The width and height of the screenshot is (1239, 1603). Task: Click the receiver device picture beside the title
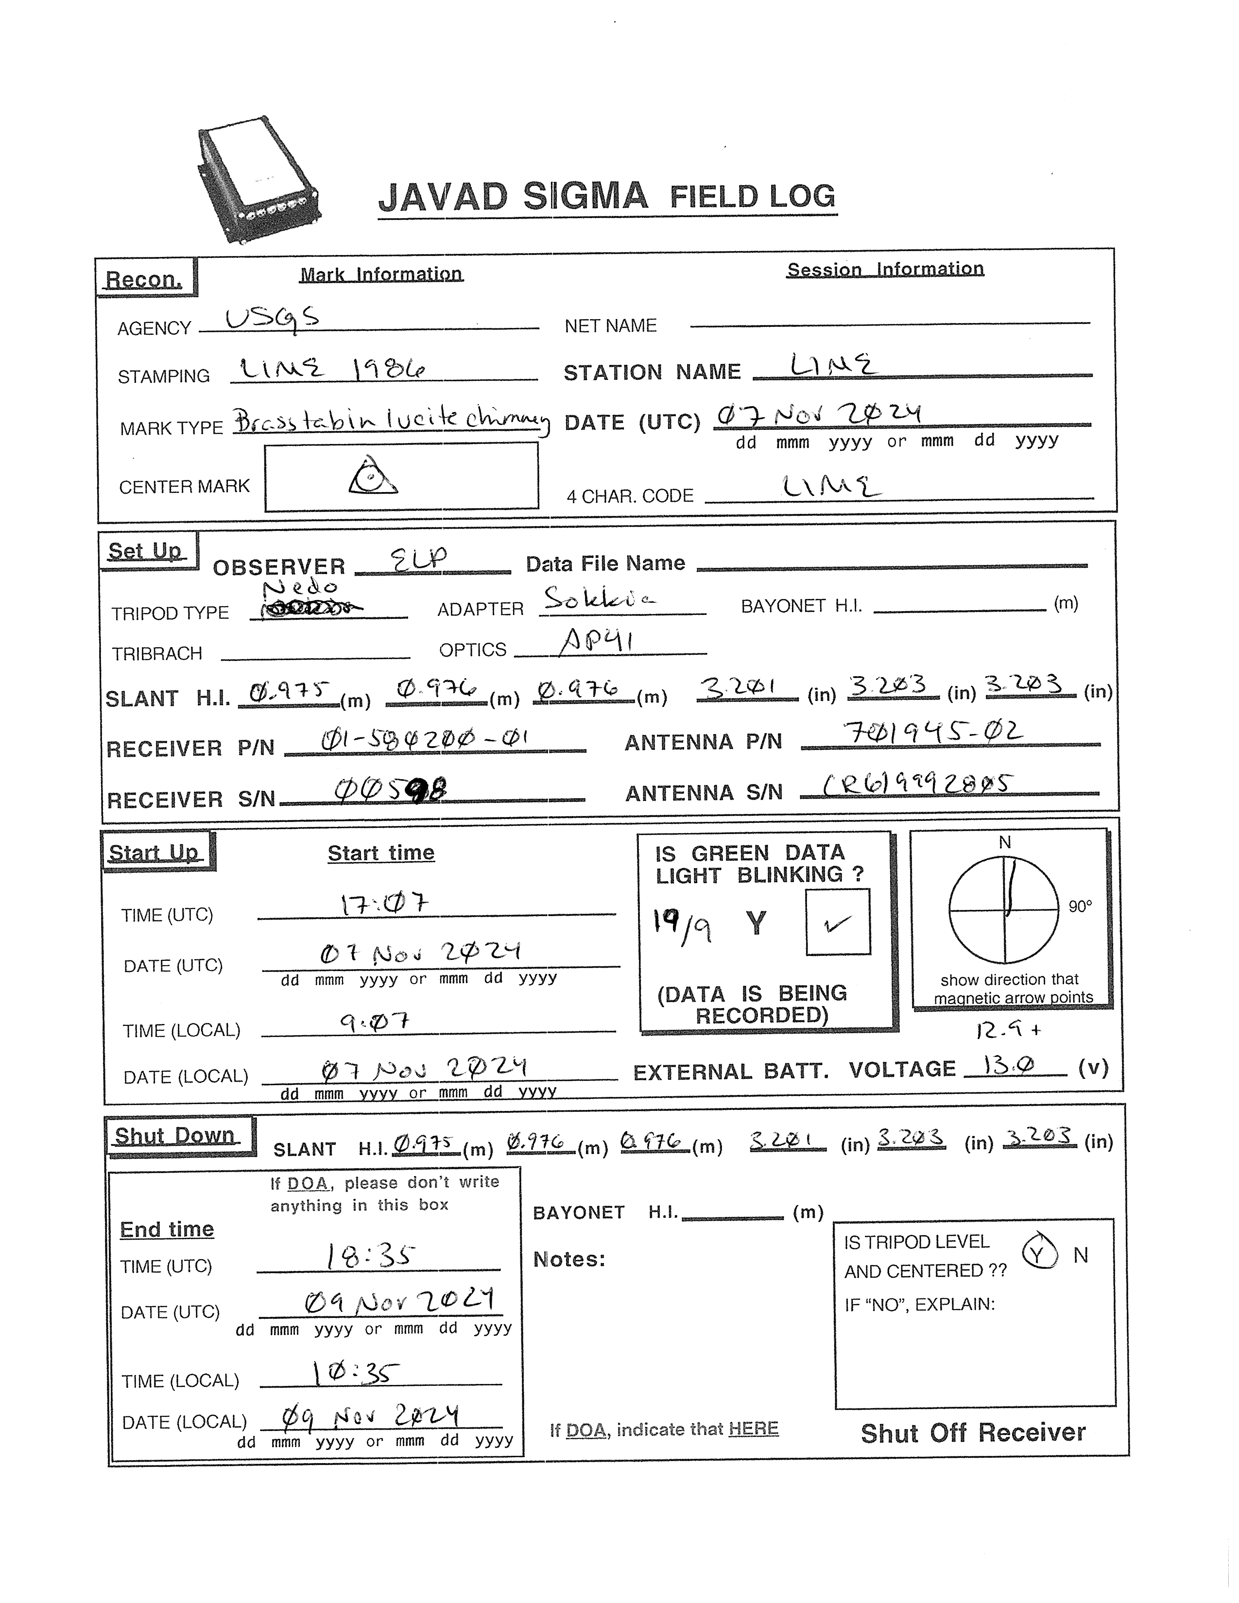click(x=258, y=179)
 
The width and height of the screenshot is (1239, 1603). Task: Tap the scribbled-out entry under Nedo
click(x=311, y=606)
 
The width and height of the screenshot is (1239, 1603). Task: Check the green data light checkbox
click(x=838, y=922)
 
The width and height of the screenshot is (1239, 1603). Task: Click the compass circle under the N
click(x=1005, y=910)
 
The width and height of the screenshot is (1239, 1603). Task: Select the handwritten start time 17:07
click(x=383, y=903)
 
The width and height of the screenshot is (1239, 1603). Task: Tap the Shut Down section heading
click(x=175, y=1136)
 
